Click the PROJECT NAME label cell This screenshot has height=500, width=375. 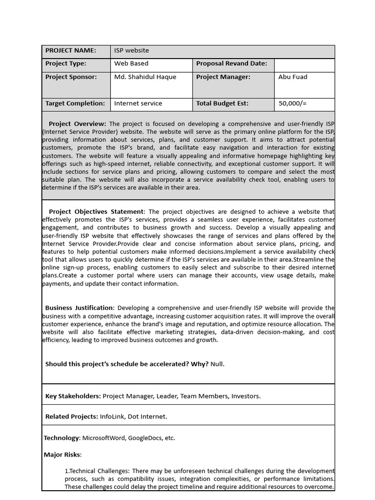[x=70, y=51]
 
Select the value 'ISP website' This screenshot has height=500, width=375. [x=131, y=51]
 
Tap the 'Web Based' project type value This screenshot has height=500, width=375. [x=131, y=63]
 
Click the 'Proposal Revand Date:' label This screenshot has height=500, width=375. [x=231, y=63]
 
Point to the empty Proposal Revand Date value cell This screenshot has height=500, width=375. [x=304, y=65]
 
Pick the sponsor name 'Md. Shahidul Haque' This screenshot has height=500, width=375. [x=145, y=77]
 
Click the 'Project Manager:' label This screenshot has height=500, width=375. [x=223, y=77]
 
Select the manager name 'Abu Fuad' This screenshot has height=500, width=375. [x=292, y=77]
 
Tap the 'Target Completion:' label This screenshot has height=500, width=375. [x=75, y=104]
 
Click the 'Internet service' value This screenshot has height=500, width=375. [x=138, y=104]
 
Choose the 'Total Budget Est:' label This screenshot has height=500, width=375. [x=222, y=104]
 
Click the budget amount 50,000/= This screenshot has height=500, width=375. [x=292, y=104]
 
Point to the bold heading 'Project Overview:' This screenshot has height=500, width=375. [x=77, y=124]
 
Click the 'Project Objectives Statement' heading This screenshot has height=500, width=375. [x=96, y=212]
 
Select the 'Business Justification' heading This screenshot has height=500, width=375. [x=79, y=308]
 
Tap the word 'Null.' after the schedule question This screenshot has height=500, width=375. [x=217, y=364]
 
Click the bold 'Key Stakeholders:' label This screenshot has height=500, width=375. [x=73, y=396]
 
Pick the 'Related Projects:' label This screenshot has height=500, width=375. [x=71, y=417]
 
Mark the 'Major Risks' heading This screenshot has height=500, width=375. [x=62, y=455]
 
